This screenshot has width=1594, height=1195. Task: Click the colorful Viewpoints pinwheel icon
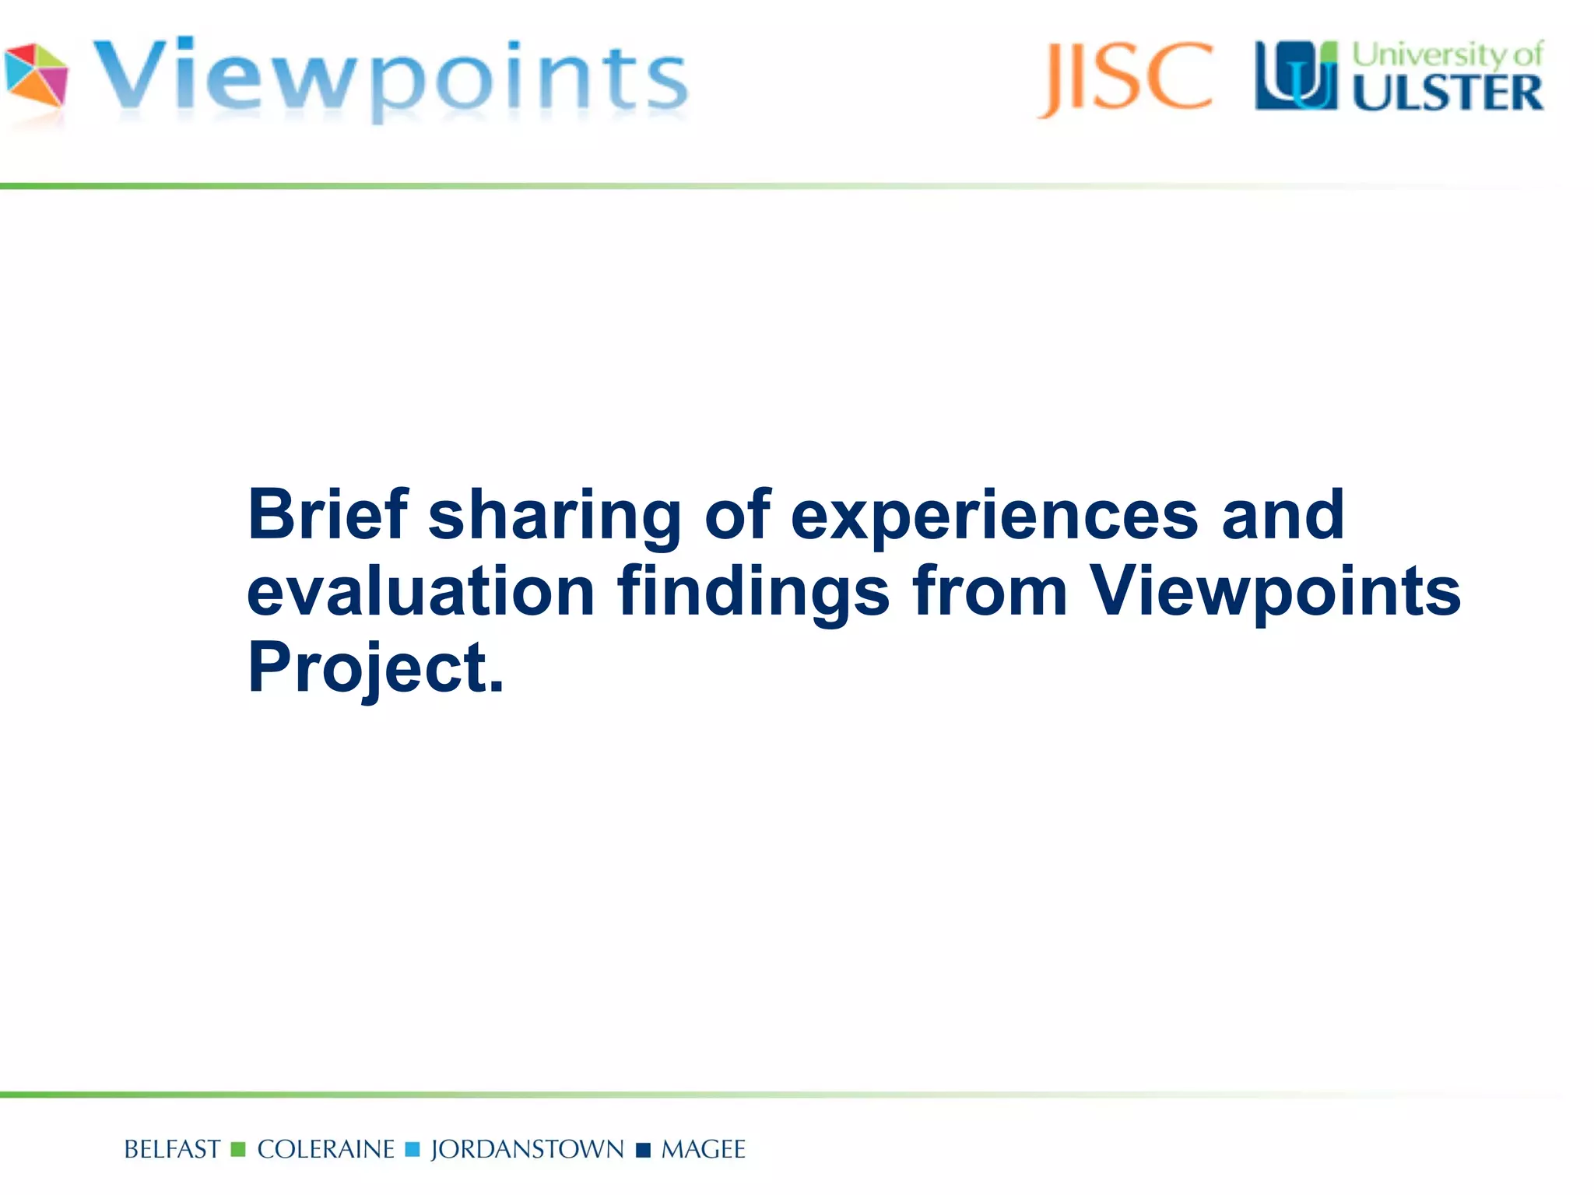pos(36,75)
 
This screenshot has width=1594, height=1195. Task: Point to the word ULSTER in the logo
pos(1448,93)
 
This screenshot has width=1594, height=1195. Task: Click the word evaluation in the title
pos(421,591)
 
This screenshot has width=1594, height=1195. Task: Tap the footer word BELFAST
pos(172,1150)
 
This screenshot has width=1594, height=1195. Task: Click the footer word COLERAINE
pos(325,1150)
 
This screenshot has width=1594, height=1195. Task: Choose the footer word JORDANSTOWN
pos(527,1150)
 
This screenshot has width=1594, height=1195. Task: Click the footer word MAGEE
pos(703,1150)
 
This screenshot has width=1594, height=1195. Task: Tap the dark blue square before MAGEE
pos(643,1150)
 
